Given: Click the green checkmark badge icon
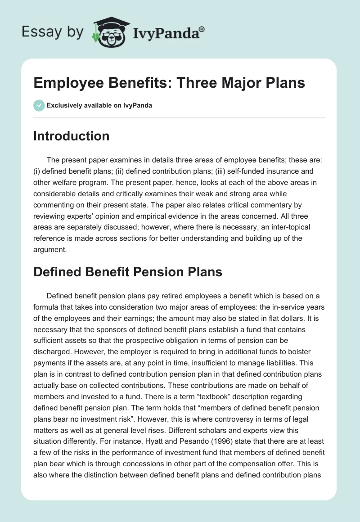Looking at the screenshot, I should click(x=39, y=105).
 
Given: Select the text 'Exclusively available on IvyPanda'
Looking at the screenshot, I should click(x=99, y=106).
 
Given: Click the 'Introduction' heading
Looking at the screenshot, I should click(x=71, y=136).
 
